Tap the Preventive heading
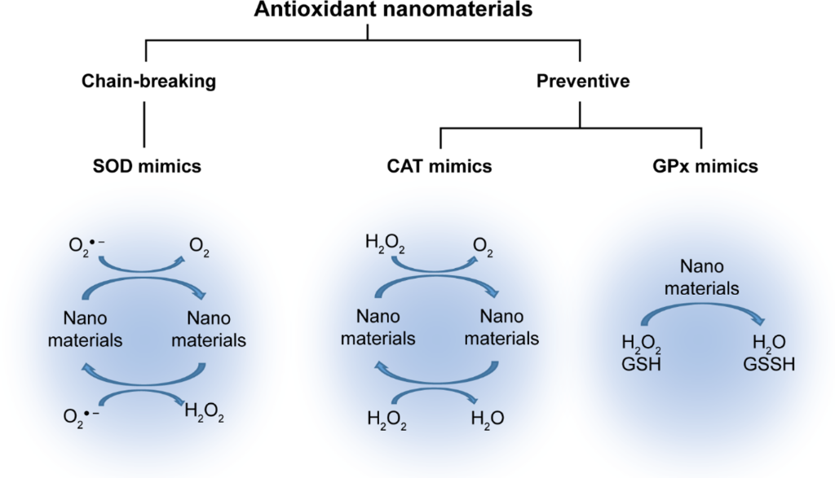pos(580,81)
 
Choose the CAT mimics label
pos(440,168)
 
